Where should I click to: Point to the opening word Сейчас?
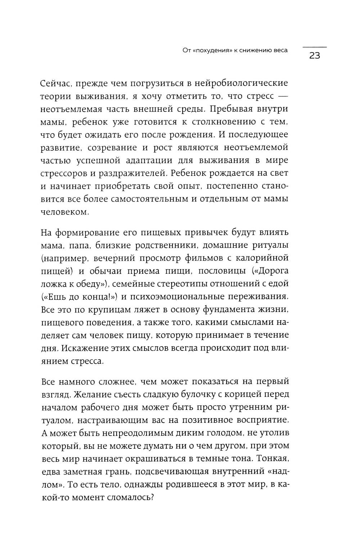coord(57,84)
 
